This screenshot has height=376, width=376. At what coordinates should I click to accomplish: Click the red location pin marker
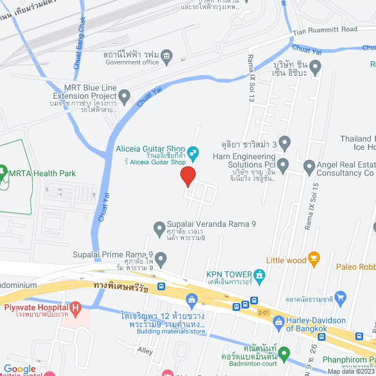(187, 176)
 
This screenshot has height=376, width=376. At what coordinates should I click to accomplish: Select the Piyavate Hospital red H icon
(75, 307)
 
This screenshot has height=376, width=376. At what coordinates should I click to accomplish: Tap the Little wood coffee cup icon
(314, 257)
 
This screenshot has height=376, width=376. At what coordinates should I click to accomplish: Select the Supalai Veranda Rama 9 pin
(159, 227)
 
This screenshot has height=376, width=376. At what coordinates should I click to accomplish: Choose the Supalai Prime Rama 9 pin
(160, 258)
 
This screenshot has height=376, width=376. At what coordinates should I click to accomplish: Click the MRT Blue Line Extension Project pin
(124, 95)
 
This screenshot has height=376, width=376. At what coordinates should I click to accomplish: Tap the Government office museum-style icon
(167, 55)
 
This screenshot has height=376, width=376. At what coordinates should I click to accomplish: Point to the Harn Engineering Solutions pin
(283, 163)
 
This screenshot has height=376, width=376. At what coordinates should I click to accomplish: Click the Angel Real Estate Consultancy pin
(310, 168)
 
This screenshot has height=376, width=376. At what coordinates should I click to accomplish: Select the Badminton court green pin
(284, 354)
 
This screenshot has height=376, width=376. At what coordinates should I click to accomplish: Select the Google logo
(20, 368)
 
